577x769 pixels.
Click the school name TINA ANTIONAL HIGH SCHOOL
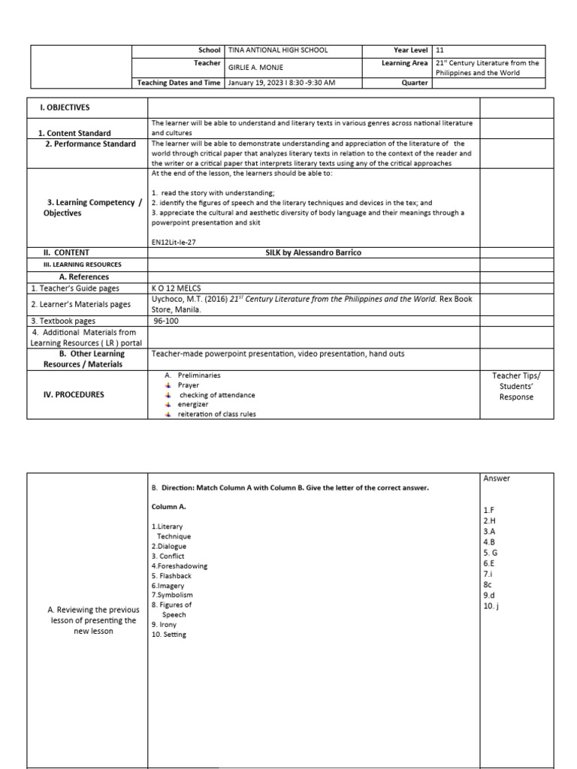point(277,50)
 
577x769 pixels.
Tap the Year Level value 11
point(440,50)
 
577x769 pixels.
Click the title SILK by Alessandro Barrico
point(313,252)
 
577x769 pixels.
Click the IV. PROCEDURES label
point(72,394)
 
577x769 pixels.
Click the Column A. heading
point(169,506)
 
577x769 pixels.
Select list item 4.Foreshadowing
point(179,566)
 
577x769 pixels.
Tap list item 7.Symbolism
point(172,596)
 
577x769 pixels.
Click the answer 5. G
point(491,552)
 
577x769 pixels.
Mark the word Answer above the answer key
point(497,478)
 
